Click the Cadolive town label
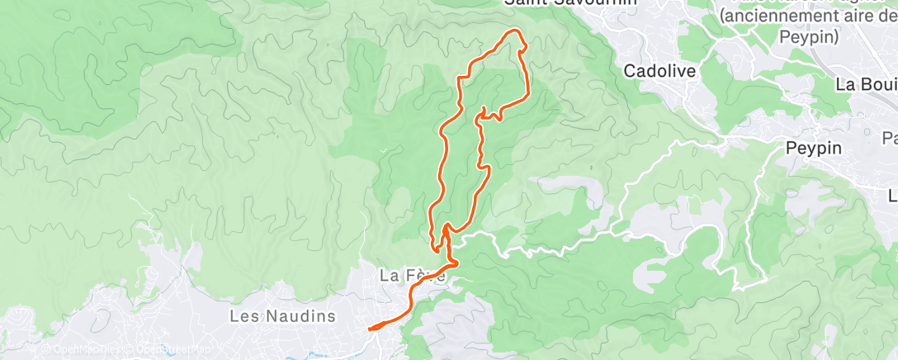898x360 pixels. click(x=659, y=71)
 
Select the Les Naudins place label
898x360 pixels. click(x=282, y=316)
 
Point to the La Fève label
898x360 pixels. click(x=412, y=276)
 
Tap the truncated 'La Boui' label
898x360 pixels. click(x=866, y=84)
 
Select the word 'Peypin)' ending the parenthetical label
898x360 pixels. click(x=809, y=37)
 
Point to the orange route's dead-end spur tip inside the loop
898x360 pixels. click(x=483, y=108)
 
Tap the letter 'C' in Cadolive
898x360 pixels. click(x=629, y=71)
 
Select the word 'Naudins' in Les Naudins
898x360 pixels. click(x=300, y=316)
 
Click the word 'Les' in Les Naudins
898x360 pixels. click(x=244, y=316)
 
